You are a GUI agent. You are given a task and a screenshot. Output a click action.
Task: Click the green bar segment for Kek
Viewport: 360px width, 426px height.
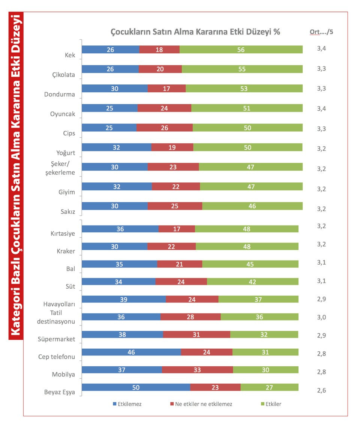tap(241, 50)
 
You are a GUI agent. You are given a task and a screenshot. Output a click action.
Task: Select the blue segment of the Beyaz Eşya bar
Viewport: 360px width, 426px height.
tap(136, 387)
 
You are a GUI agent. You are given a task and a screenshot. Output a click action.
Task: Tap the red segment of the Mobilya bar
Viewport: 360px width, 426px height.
tap(197, 370)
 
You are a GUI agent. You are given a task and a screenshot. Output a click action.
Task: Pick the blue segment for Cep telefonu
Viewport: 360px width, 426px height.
tap(131, 352)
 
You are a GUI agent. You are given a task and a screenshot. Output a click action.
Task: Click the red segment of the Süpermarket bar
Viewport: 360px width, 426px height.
tap(196, 334)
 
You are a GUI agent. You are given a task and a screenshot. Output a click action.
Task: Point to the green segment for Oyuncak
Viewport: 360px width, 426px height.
tap(247, 108)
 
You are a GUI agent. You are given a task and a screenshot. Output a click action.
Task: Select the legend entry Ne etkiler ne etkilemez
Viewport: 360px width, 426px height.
tap(201, 404)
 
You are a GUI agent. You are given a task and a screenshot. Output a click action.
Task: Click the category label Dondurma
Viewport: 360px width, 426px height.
tap(60, 94)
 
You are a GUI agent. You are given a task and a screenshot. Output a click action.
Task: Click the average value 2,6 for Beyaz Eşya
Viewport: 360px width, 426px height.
tap(321, 390)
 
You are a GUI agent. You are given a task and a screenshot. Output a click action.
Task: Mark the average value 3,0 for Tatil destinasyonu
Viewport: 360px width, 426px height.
tap(321, 317)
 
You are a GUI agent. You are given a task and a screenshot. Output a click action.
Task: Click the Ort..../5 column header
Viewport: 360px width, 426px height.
tap(321, 32)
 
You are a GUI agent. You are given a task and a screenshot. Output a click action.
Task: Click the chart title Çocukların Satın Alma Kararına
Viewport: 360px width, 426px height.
tap(195, 32)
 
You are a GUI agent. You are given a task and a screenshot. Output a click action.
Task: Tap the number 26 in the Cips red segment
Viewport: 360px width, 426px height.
tap(164, 128)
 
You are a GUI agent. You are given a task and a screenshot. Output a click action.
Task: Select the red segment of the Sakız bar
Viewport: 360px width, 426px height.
tap(175, 206)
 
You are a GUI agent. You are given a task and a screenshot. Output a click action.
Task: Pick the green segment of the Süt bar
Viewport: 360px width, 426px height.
tap(253, 281)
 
